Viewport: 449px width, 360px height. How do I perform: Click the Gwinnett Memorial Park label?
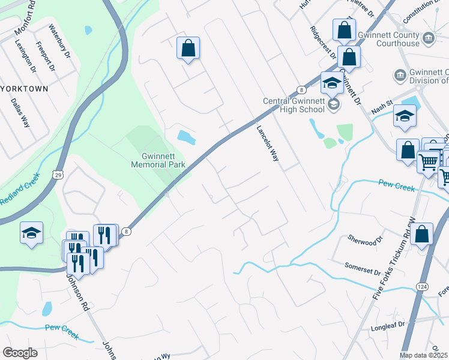[x=158, y=160]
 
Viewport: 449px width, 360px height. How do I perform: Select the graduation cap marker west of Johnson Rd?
[x=31, y=232]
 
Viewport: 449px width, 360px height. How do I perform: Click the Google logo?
[x=19, y=352]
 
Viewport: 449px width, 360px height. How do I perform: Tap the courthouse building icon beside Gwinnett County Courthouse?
[x=429, y=38]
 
